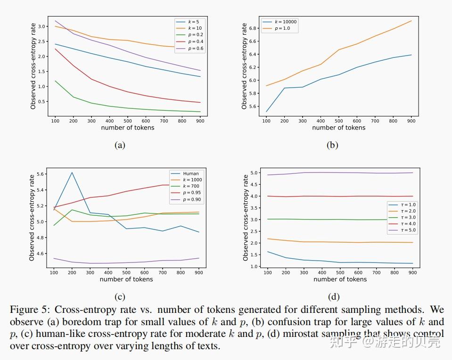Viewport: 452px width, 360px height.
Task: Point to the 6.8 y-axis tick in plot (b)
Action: point(254,28)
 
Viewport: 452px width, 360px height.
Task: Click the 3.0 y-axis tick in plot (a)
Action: point(42,26)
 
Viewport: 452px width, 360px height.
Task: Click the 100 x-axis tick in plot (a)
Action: point(55,121)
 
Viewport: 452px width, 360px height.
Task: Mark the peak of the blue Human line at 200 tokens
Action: point(72,172)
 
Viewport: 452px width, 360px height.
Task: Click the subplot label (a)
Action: point(120,145)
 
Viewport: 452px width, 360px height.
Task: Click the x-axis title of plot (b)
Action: point(338,128)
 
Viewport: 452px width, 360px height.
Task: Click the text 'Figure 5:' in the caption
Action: point(29,310)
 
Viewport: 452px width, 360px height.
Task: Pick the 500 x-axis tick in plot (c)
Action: point(126,273)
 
